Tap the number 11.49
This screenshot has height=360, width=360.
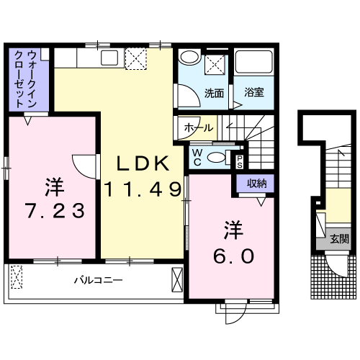[141, 190]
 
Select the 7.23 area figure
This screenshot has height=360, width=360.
[53, 211]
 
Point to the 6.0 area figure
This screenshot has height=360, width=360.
[233, 256]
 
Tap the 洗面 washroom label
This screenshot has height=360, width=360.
[213, 93]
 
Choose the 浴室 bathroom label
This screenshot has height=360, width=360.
[253, 93]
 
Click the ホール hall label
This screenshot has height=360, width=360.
[198, 128]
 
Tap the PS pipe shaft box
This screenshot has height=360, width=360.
[240, 160]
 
